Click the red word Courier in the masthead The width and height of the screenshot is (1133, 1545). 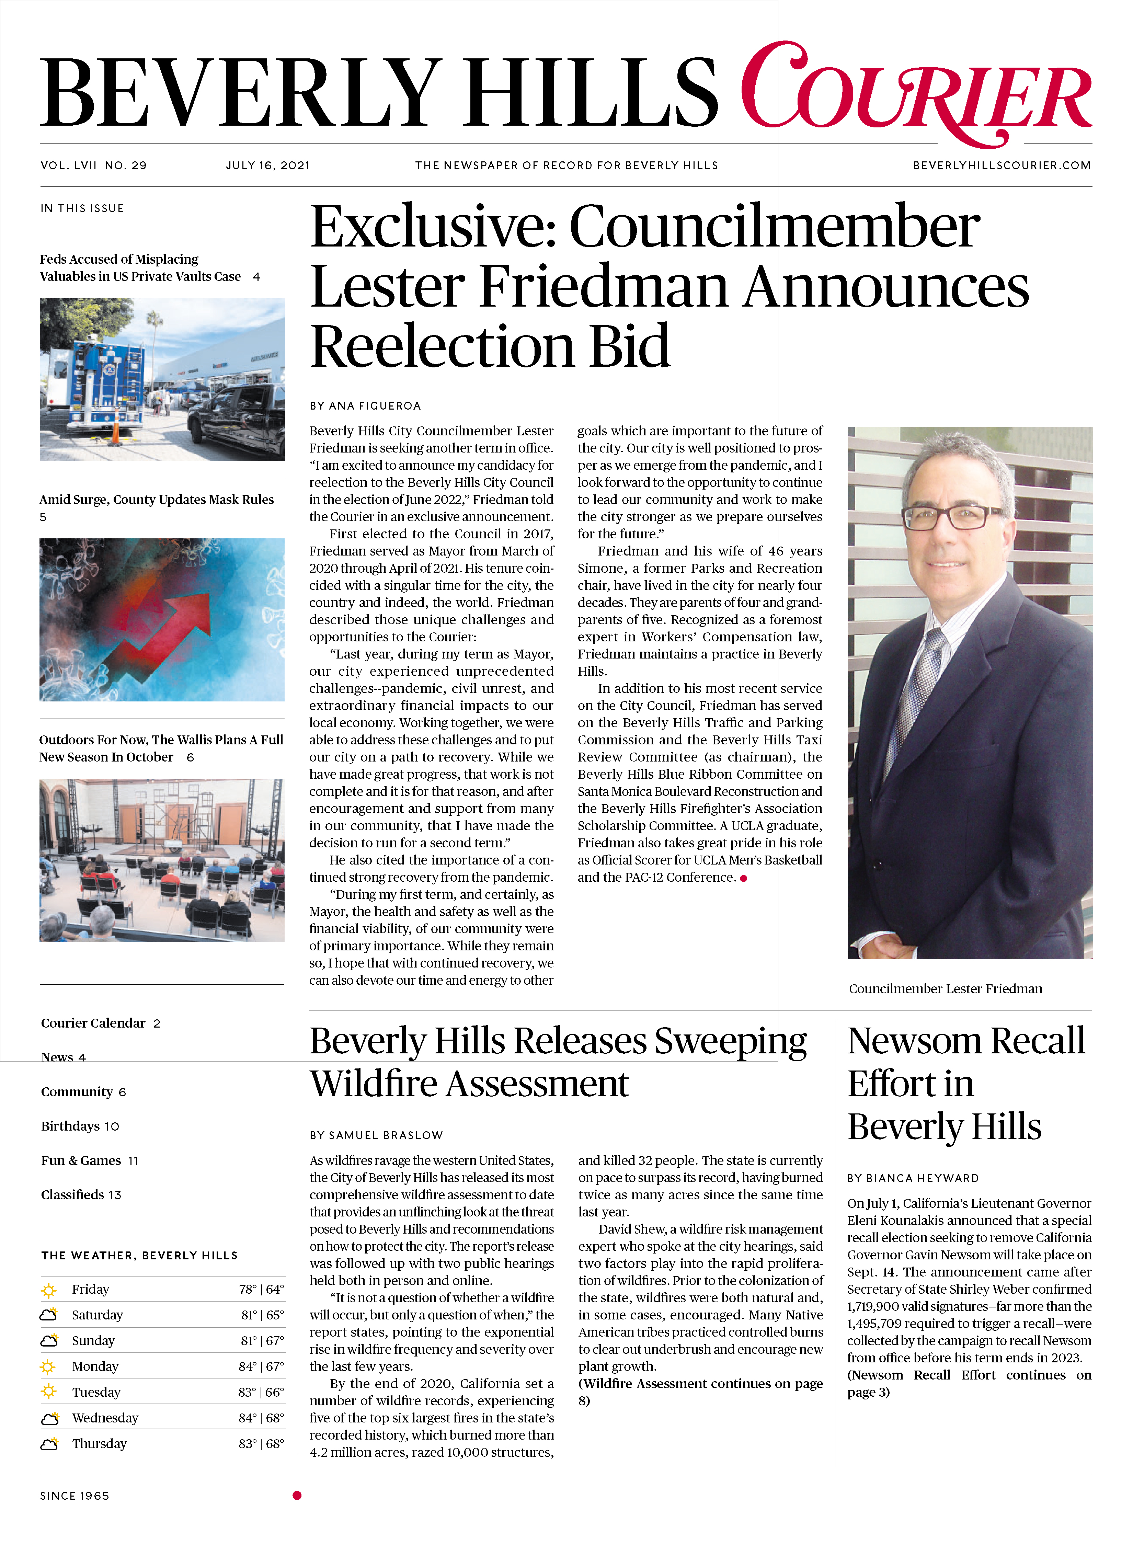tap(916, 93)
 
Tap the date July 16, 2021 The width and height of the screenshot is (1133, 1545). tap(267, 165)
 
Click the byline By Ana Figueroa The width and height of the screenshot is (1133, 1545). tap(365, 406)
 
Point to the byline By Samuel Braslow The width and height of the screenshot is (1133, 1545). tap(376, 1135)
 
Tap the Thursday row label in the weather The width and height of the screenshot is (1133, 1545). tap(100, 1443)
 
